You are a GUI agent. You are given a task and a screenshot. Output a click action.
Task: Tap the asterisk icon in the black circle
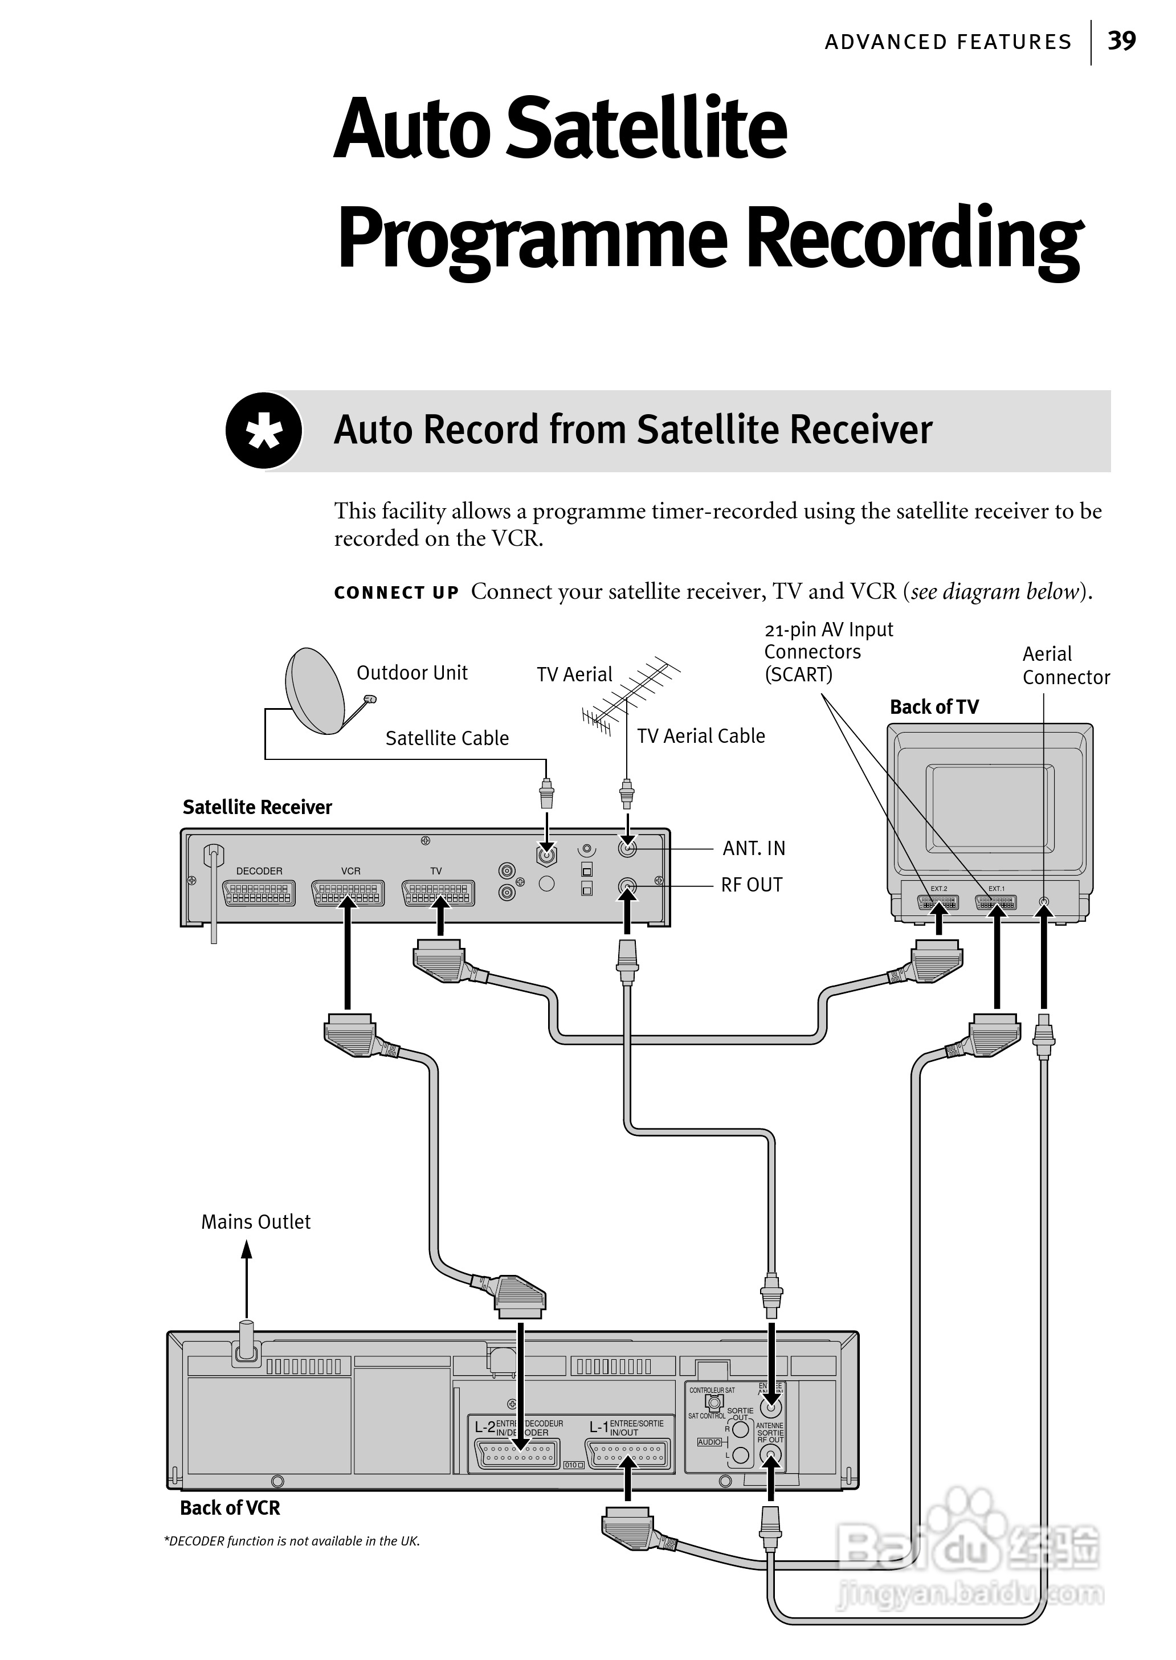(264, 431)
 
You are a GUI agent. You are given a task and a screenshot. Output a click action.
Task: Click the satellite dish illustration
(316, 690)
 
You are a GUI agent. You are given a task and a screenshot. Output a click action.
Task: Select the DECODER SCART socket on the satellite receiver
(259, 893)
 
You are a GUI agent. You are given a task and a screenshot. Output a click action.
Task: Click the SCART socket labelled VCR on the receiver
(348, 893)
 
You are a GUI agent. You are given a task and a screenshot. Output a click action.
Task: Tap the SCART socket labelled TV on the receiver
(438, 893)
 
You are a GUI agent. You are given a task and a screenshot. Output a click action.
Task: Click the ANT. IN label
(753, 848)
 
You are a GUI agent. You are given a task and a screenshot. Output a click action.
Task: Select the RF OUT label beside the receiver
(752, 885)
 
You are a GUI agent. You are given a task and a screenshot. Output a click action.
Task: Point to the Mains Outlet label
(256, 1222)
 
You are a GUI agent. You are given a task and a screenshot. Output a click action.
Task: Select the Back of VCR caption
(230, 1508)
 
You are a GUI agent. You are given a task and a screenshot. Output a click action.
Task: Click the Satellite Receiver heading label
(257, 807)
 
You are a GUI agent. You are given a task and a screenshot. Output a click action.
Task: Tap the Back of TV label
(934, 708)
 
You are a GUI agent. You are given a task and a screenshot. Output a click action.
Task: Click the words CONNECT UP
(396, 593)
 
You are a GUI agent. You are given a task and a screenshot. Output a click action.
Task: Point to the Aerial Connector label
(1065, 665)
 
